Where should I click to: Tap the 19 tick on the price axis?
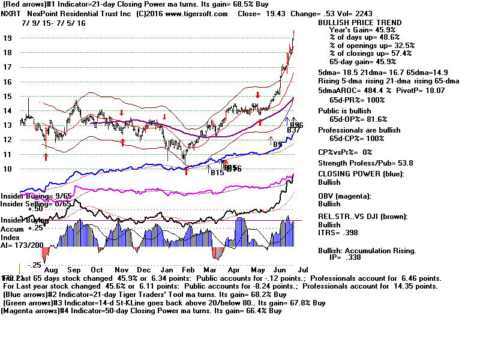tap(8, 38)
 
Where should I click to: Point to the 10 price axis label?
tap(8, 169)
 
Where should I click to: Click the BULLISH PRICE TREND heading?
tap(360, 23)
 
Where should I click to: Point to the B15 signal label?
tap(217, 173)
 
